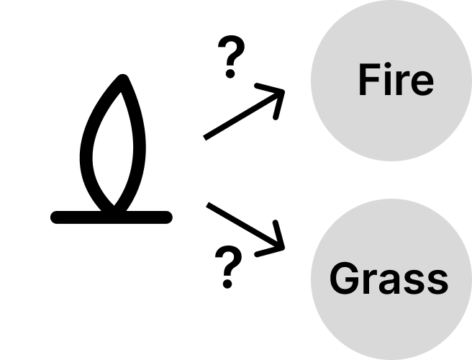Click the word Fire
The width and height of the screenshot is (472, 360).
[x=396, y=80]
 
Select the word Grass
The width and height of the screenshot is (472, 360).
[x=389, y=278]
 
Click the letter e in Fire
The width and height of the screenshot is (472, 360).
[x=421, y=84]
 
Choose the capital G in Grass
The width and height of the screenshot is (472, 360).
[x=345, y=278]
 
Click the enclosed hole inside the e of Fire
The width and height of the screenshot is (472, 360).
[x=421, y=79]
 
